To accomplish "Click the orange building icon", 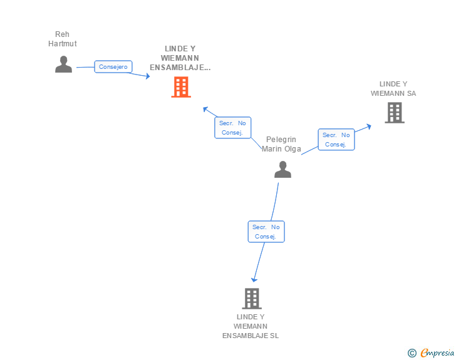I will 180,87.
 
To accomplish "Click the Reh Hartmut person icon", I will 63,64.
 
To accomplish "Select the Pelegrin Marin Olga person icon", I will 282,169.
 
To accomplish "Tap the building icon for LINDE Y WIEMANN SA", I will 394,113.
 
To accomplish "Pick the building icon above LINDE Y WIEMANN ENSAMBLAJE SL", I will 251,299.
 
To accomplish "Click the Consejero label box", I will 113,66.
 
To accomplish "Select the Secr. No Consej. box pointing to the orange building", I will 232,128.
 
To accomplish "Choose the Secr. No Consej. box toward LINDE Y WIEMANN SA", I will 336,140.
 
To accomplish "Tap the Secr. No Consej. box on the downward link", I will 266,232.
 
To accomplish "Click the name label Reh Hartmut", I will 63,39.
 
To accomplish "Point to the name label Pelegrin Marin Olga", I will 281,144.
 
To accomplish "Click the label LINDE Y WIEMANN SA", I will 393,88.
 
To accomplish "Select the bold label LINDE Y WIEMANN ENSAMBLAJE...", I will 180,58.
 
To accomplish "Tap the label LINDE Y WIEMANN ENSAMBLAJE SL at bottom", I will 251,326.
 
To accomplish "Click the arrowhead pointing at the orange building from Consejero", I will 148,76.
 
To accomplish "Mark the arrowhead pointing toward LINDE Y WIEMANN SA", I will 369,126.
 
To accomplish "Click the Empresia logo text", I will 437,352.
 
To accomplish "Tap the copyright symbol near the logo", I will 412,353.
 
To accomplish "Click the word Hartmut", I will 63,44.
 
